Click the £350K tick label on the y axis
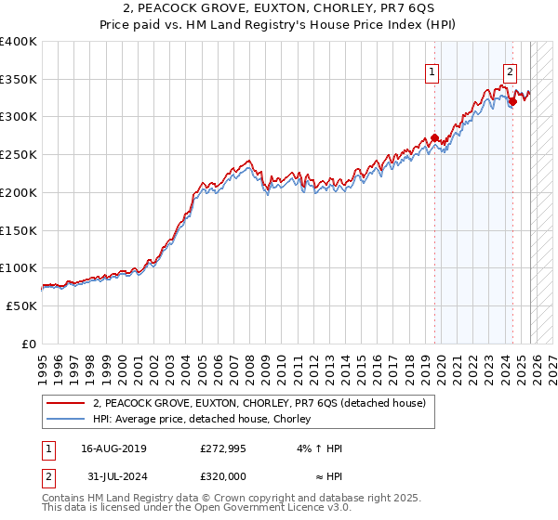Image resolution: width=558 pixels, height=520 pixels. [x=18, y=79]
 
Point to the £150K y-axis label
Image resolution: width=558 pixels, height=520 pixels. [x=18, y=230]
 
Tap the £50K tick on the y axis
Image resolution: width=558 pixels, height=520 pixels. [x=21, y=305]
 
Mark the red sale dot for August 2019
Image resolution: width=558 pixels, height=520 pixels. [x=434, y=137]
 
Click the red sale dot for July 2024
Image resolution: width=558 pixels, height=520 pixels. [x=513, y=101]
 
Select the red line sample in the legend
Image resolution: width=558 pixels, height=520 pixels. [x=65, y=403]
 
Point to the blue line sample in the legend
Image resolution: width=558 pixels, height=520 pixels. [x=65, y=420]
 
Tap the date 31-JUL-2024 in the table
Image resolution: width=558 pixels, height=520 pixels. [x=114, y=476]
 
